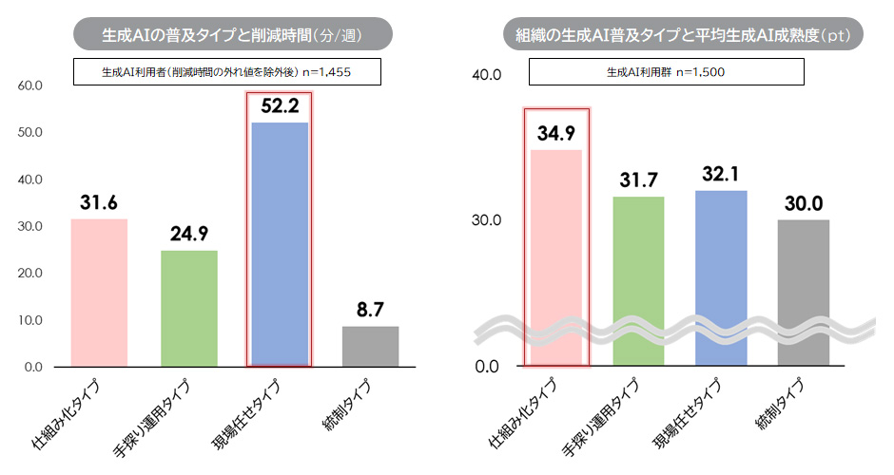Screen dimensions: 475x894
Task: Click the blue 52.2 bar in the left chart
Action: pyautogui.click(x=279, y=243)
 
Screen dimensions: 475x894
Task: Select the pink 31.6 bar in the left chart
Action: pyautogui.click(x=99, y=293)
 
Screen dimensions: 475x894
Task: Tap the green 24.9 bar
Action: pyautogui.click(x=189, y=308)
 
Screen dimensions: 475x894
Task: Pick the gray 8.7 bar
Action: pyautogui.click(x=370, y=346)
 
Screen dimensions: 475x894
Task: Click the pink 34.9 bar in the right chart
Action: pyautogui.click(x=557, y=256)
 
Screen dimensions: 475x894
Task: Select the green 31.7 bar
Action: pyautogui.click(x=638, y=280)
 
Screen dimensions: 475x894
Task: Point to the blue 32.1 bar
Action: pyautogui.click(x=721, y=277)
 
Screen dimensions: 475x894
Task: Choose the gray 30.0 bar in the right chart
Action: pyautogui.click(x=804, y=292)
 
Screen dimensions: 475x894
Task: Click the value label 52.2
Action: pyautogui.click(x=279, y=106)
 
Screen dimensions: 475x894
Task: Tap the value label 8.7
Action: pyautogui.click(x=370, y=309)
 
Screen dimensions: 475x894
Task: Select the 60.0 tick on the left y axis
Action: pyautogui.click(x=31, y=85)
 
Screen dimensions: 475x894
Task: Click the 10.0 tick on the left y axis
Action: pyautogui.click(x=31, y=320)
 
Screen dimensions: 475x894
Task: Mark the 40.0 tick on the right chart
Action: pyautogui.click(x=487, y=74)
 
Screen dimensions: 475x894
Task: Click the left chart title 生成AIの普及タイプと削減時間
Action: pyautogui.click(x=233, y=36)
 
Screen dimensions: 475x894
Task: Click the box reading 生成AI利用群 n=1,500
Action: pyautogui.click(x=667, y=71)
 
